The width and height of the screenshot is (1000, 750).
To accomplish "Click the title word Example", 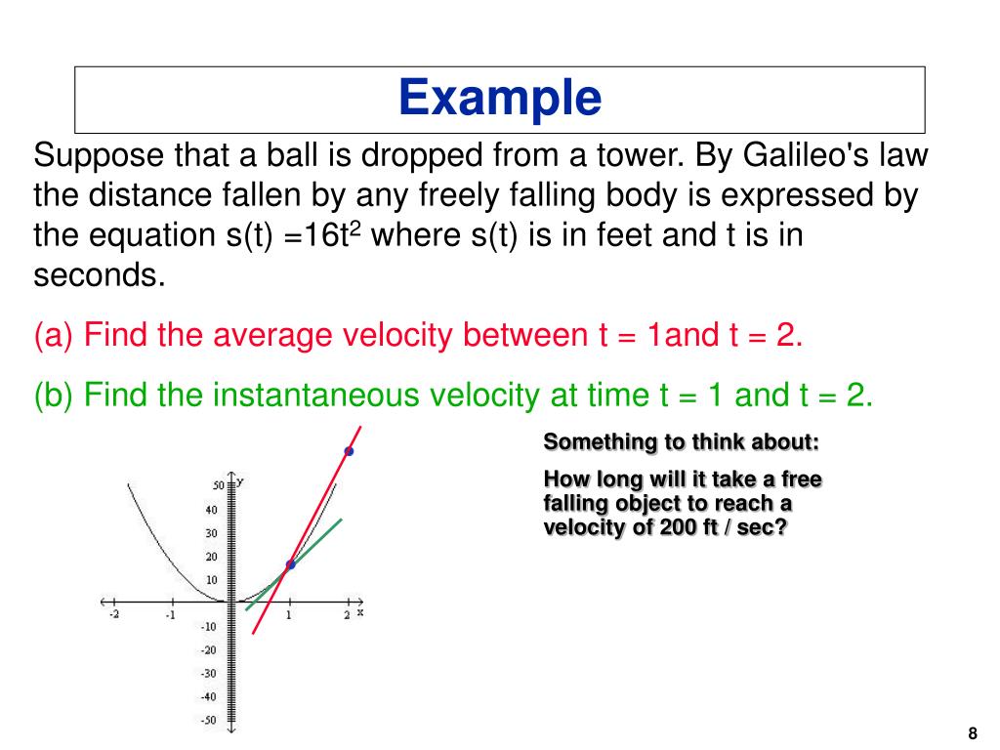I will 500,99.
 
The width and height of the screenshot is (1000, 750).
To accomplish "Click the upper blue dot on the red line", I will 348,451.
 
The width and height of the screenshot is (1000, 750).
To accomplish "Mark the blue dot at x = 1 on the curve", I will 290,564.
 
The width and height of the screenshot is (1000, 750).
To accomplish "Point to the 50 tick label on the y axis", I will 218,485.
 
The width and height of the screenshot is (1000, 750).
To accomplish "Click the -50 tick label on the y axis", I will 210,721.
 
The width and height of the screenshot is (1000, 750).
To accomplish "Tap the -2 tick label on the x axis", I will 113,615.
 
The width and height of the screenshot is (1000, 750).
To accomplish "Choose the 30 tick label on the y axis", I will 212,533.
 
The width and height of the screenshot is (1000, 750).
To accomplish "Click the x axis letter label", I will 359,612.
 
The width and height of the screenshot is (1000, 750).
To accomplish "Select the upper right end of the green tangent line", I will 340,520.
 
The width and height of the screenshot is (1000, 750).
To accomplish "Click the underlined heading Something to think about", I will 682,441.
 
